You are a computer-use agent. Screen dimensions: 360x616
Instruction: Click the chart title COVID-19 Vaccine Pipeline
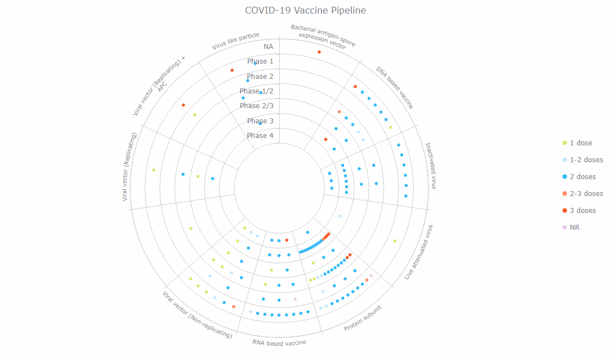coord(306,11)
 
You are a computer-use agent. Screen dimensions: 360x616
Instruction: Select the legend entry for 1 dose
coord(581,143)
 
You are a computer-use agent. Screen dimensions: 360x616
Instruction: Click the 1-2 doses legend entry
coord(586,160)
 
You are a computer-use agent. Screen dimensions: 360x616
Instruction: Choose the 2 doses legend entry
coord(582,177)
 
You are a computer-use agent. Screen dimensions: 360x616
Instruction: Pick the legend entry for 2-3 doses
coord(586,194)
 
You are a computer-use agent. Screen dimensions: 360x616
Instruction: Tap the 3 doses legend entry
coord(582,211)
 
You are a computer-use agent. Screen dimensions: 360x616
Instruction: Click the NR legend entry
coord(574,228)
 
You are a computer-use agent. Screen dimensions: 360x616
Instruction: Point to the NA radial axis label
coord(268,47)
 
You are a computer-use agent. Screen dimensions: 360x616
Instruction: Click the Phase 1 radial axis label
coord(260,61)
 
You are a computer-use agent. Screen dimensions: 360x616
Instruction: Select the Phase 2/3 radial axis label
coord(257,106)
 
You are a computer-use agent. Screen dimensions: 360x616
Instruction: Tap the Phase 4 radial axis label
coord(260,136)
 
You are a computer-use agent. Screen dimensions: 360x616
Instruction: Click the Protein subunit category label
coord(363,319)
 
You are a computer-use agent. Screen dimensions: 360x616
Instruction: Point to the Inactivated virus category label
coord(430,166)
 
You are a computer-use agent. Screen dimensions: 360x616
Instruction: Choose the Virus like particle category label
coord(235,41)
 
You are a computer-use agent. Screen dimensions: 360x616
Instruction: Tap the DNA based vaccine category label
coord(395,87)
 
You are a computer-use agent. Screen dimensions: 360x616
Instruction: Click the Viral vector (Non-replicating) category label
coord(197,314)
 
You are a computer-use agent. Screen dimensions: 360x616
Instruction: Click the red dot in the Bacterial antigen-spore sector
coord(319,52)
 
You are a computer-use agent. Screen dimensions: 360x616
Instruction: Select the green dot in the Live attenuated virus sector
coord(395,241)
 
